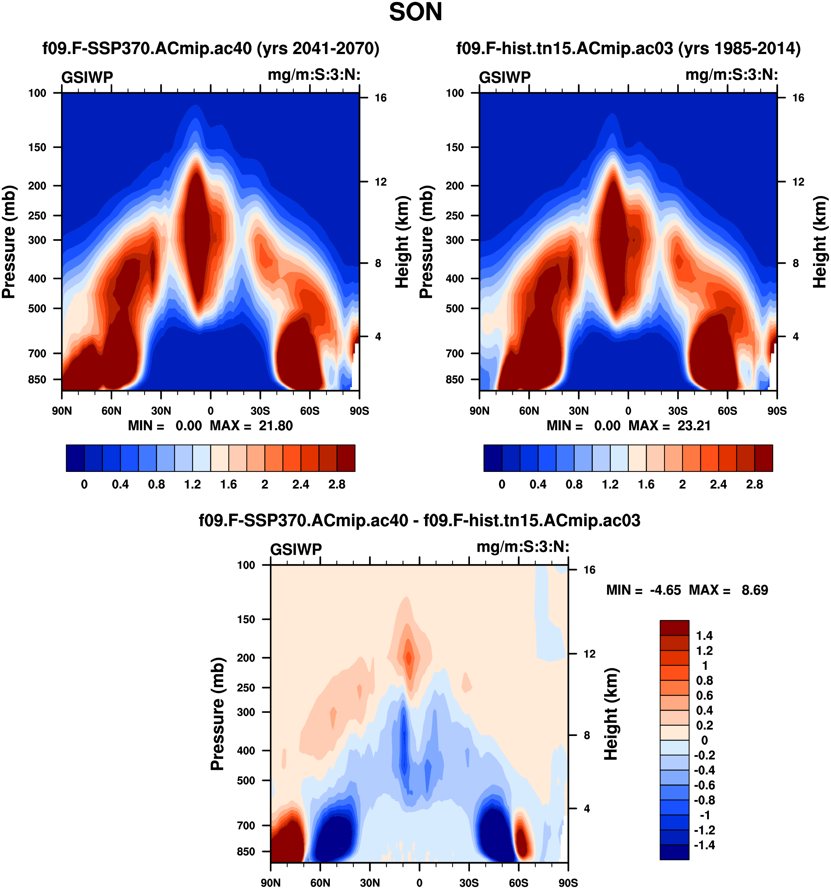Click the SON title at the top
(x=415, y=13)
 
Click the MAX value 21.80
(x=275, y=426)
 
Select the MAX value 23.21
(x=694, y=426)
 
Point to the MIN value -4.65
(x=665, y=590)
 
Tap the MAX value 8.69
(x=755, y=590)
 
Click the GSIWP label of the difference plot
(x=296, y=549)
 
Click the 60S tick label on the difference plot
(x=518, y=883)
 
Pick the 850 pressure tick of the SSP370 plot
(x=37, y=380)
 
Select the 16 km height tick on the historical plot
(x=798, y=98)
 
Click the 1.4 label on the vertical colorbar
(x=704, y=636)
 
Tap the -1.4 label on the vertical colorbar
(x=704, y=845)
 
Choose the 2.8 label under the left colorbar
(x=336, y=485)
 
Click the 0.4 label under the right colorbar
(x=538, y=485)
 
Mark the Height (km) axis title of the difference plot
(x=611, y=714)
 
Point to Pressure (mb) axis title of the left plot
(x=9, y=242)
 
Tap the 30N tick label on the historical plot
(x=578, y=411)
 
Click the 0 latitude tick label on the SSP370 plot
(x=211, y=411)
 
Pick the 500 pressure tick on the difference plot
(x=246, y=780)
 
